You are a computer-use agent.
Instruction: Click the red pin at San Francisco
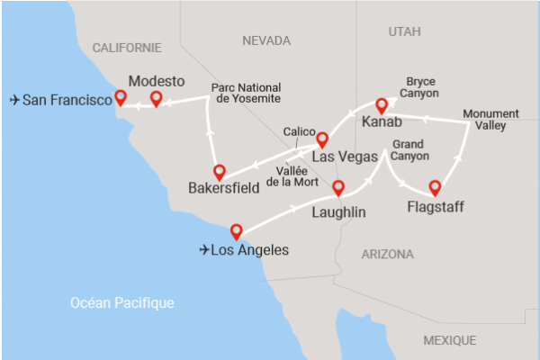pos(120,98)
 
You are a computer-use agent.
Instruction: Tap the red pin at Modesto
pos(156,98)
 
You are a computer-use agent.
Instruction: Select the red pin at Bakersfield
pos(219,171)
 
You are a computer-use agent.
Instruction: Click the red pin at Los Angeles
pos(236,229)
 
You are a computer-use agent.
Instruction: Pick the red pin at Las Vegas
pos(319,139)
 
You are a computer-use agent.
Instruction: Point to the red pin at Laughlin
pos(338,188)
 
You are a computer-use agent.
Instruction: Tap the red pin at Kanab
pos(381,104)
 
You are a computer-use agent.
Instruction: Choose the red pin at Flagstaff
pos(436,187)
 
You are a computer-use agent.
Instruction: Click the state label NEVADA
pos(266,40)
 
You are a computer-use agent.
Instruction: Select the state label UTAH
pos(404,31)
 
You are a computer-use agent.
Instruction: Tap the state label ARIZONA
pos(387,255)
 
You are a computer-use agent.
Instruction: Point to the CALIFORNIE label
pos(127,47)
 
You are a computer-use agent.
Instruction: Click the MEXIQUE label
pos(449,340)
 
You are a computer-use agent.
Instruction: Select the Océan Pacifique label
pos(122,303)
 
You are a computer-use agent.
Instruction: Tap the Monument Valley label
pos(490,121)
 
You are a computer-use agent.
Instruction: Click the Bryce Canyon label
pos(421,87)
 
